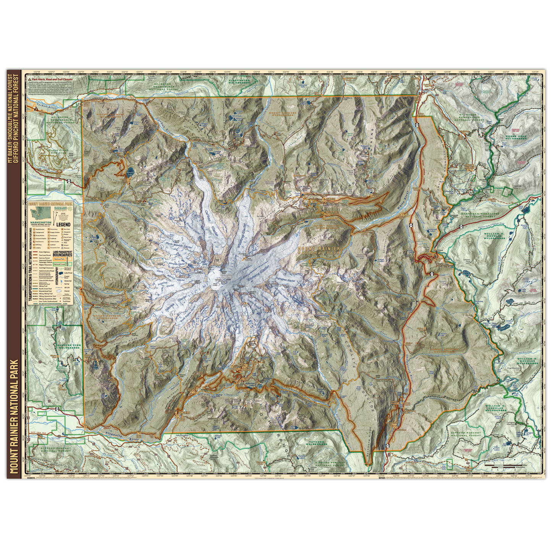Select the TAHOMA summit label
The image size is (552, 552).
point(227,277)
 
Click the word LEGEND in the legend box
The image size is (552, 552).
point(63,225)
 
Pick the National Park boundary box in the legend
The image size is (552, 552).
point(59,259)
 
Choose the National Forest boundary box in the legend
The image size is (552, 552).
point(59,264)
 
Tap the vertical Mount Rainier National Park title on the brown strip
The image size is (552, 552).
point(15,416)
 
